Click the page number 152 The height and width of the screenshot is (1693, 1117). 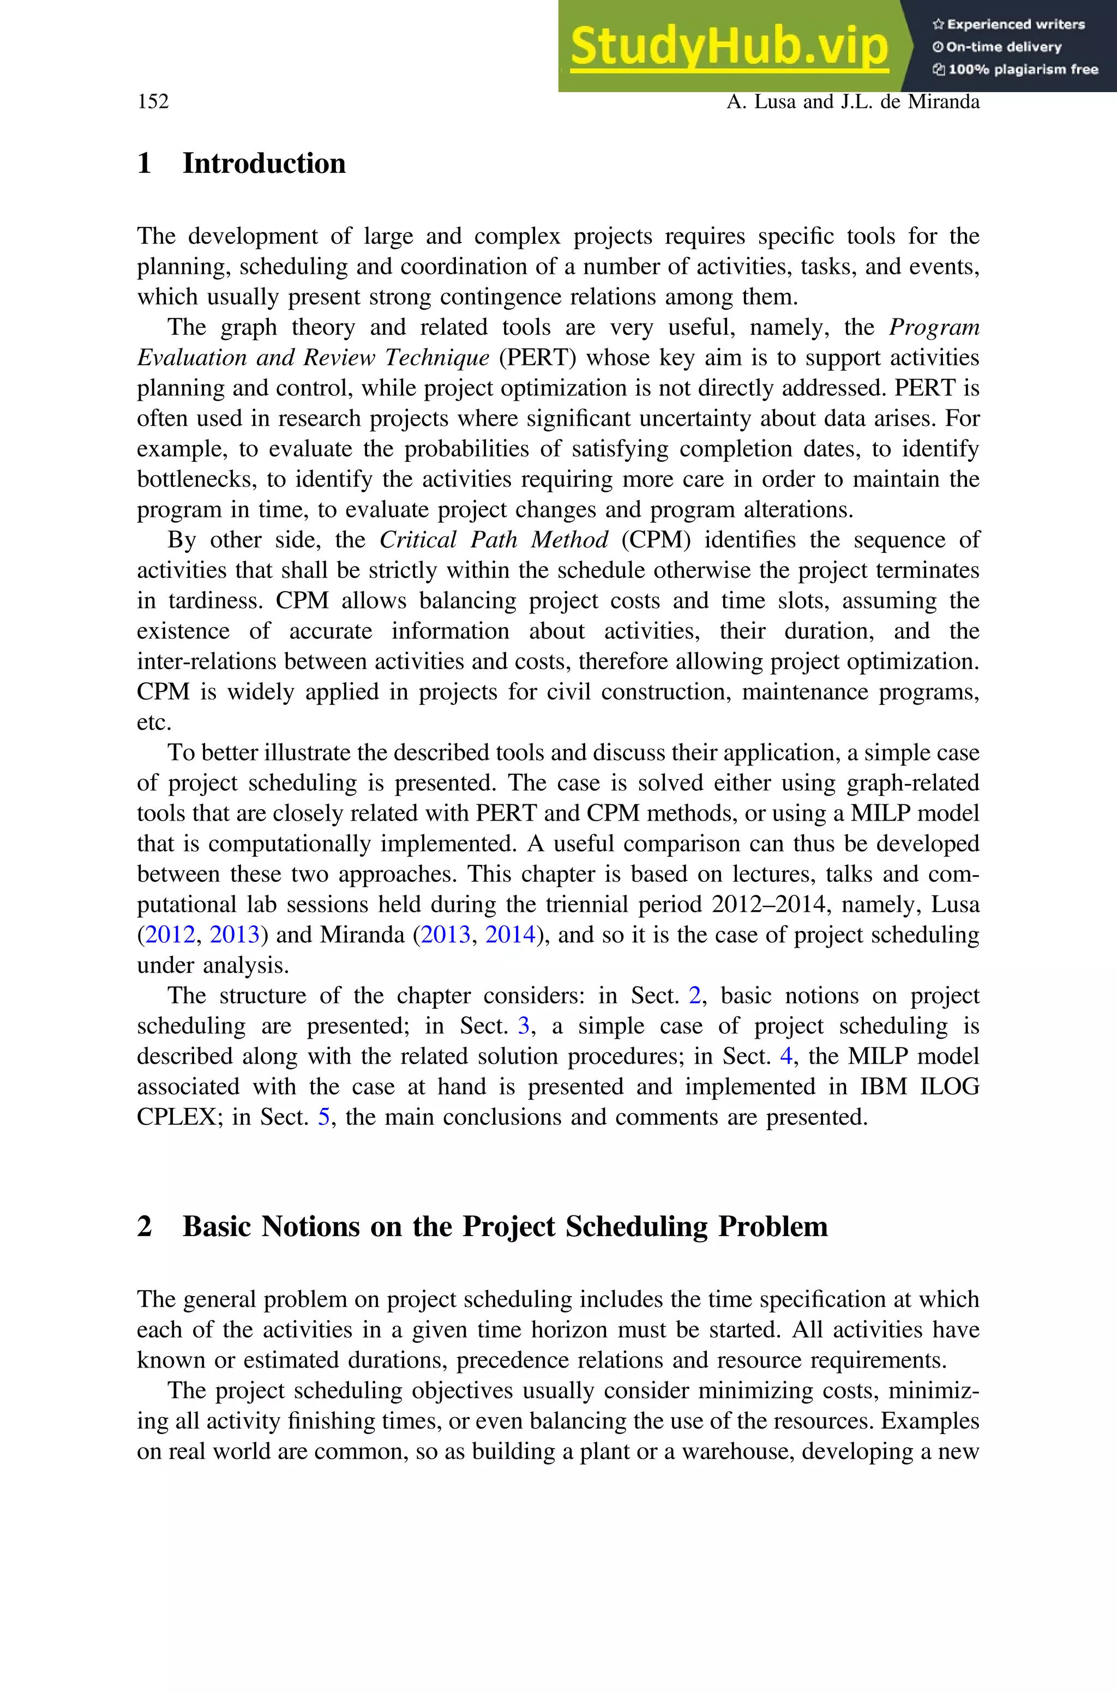tap(153, 102)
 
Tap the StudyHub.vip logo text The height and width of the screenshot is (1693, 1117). tap(729, 46)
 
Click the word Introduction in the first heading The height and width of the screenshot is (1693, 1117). tap(263, 164)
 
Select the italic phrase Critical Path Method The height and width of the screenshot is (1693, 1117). tap(494, 540)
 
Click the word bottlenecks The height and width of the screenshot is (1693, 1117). tap(196, 479)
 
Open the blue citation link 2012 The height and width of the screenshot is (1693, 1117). tap(170, 935)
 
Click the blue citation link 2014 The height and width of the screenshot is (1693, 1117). tap(510, 935)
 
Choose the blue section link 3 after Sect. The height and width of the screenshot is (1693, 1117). tap(524, 1026)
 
